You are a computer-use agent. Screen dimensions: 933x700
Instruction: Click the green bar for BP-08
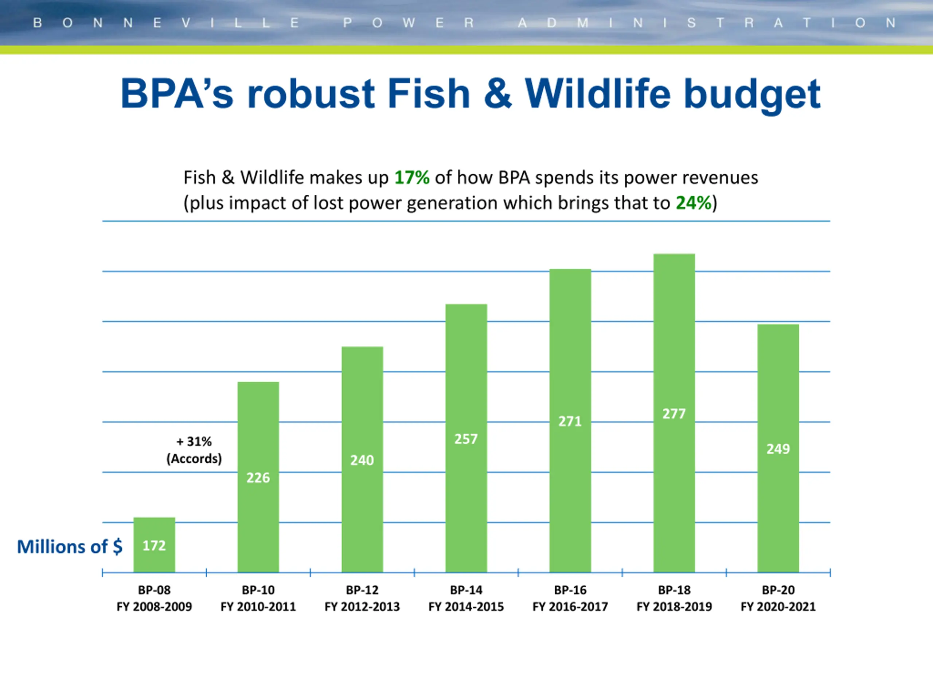(155, 545)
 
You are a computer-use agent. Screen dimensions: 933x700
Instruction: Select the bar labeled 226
(258, 477)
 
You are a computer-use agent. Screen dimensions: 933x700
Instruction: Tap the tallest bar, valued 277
(674, 413)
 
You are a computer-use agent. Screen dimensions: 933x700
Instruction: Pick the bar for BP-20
(778, 448)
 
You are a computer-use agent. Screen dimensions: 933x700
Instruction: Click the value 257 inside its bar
(466, 439)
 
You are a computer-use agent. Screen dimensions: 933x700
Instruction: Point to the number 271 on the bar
(570, 421)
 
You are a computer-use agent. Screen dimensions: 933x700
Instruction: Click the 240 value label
(362, 460)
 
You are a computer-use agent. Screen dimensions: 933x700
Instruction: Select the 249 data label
(778, 449)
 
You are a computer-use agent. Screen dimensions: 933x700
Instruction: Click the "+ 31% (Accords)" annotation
(194, 450)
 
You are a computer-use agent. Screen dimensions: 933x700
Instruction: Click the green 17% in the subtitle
(412, 178)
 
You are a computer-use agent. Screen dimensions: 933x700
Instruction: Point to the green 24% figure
(694, 203)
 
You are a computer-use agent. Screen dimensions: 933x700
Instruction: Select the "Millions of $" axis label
(70, 547)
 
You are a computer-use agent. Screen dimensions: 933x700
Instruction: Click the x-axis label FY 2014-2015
(466, 607)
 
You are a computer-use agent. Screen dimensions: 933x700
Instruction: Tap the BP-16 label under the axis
(570, 590)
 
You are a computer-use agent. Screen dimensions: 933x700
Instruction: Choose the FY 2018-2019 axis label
(674, 607)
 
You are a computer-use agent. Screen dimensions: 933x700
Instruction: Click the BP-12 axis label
(362, 590)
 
